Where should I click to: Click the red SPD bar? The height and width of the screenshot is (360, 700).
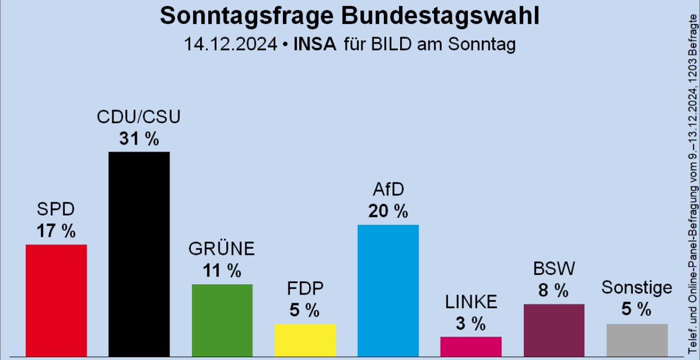click(57, 300)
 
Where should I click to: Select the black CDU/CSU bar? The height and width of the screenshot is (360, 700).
click(139, 254)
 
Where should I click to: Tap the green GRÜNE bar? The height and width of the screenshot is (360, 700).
click(222, 320)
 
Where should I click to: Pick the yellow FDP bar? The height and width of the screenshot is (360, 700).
click(305, 340)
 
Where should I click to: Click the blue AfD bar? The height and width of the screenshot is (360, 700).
click(388, 290)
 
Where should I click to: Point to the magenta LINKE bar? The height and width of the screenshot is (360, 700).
click(471, 346)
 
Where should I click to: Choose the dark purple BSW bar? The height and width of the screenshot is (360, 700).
click(554, 330)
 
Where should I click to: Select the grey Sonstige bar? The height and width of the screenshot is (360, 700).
click(637, 340)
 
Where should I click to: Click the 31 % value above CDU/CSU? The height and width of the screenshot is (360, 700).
click(139, 139)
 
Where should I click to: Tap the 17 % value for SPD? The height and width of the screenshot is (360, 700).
click(57, 231)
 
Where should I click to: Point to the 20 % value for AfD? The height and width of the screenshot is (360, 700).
click(388, 211)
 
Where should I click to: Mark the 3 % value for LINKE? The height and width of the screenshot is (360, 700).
click(471, 323)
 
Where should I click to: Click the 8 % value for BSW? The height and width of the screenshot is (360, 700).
click(554, 291)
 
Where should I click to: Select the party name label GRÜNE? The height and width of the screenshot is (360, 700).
click(222, 249)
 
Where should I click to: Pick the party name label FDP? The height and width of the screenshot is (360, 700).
click(305, 289)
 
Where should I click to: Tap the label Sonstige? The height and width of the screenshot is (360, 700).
click(637, 288)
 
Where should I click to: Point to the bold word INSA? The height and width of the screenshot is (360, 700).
click(314, 44)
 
